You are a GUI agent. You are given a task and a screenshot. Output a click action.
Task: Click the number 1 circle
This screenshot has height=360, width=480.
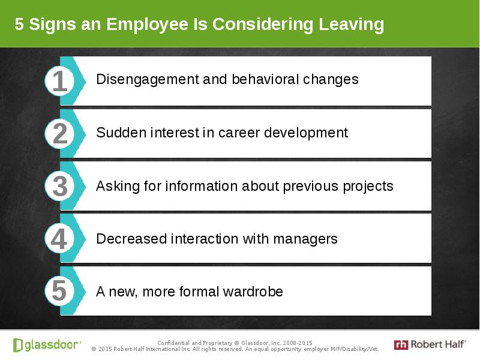[x=59, y=81]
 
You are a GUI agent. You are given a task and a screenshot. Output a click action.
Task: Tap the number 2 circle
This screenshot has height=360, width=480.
[x=59, y=134]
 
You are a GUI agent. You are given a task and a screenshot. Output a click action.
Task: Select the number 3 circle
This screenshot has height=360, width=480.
[x=59, y=186]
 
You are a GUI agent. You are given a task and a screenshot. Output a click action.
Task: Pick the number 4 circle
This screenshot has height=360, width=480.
[x=59, y=238]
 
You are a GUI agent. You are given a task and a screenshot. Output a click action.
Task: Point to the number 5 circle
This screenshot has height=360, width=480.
[x=59, y=290]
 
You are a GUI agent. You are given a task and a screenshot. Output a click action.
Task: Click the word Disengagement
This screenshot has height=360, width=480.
[x=148, y=80]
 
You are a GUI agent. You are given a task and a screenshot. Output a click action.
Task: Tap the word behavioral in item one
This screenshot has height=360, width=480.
[x=265, y=79]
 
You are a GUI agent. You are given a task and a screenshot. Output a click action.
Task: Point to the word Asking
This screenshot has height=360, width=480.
[x=118, y=187]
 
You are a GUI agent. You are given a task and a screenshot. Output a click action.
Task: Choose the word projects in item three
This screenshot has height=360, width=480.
[x=368, y=187]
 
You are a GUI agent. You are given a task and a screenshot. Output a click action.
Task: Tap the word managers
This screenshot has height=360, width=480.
[x=305, y=239]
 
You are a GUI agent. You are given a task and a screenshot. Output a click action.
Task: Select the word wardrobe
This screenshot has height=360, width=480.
[x=253, y=292]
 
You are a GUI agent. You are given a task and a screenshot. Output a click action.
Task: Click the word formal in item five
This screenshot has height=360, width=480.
[x=199, y=292]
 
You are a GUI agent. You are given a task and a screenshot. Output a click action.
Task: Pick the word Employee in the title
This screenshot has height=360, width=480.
[x=147, y=25]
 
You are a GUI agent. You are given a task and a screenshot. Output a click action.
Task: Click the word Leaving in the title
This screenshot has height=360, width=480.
[x=352, y=25]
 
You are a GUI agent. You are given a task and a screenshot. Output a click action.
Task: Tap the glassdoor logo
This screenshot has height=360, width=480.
[x=47, y=345]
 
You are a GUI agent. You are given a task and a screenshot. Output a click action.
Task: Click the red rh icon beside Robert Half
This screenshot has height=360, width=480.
[x=401, y=345]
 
